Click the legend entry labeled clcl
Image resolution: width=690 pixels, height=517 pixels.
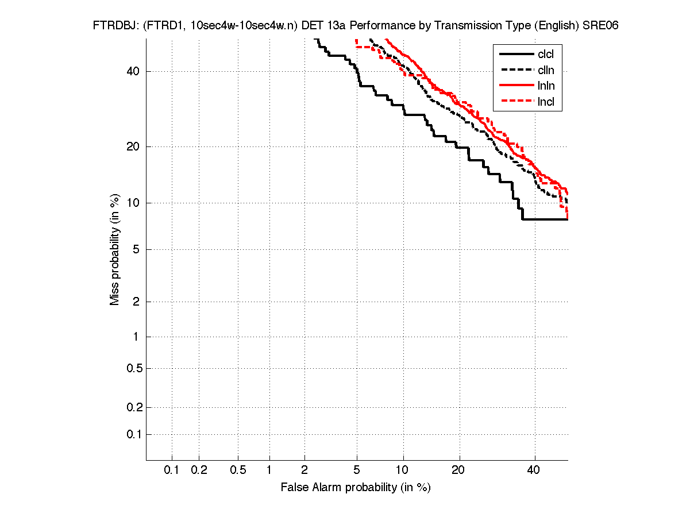pos(546,55)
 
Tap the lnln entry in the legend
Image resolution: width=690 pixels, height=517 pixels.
pos(546,86)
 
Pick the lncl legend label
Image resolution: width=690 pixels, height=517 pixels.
pos(546,102)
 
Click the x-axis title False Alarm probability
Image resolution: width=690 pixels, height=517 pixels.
pos(356,488)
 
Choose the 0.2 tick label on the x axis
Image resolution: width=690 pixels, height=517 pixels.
pos(199,470)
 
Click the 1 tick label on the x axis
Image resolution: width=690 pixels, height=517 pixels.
pos(269,470)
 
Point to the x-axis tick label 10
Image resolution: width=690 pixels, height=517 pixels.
pos(403,470)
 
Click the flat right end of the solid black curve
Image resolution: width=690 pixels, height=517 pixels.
pos(546,219)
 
